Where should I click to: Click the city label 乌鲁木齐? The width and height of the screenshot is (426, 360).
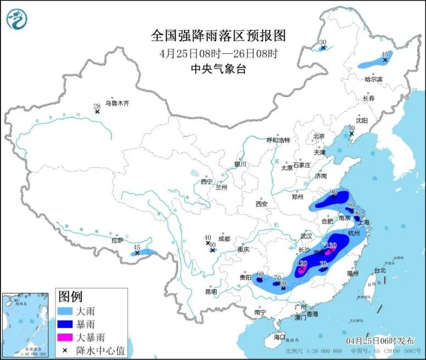[117, 103]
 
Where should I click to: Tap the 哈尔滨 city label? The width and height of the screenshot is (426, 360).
[373, 80]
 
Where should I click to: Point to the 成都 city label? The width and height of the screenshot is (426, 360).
[225, 239]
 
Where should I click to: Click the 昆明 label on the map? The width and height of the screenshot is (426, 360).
[211, 291]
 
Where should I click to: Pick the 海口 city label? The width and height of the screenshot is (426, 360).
[279, 336]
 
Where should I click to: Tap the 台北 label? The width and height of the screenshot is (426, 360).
[380, 270]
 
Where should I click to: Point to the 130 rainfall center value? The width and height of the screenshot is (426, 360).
[331, 245]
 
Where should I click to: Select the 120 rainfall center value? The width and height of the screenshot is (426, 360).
[301, 263]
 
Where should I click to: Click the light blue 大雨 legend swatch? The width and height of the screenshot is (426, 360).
[66, 311]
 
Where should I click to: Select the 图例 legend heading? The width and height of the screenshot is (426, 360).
[70, 297]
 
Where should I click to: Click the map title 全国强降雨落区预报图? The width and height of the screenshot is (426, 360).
[218, 36]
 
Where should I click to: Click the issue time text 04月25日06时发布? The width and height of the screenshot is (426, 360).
[377, 341]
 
